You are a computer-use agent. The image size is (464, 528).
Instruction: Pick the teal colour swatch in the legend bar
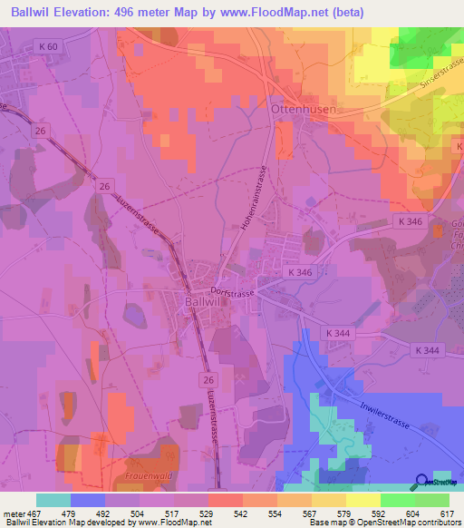[53, 500]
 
